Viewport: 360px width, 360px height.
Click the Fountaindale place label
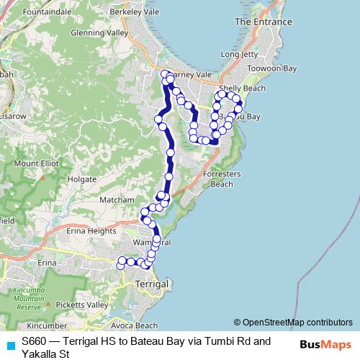click(x=47, y=12)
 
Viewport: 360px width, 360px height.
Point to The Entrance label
click(x=263, y=22)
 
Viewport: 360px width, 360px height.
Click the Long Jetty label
click(x=239, y=54)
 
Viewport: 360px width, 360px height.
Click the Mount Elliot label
click(x=36, y=163)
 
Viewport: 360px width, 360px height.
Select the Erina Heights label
click(x=91, y=231)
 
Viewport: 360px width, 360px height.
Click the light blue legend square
click(x=9, y=343)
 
